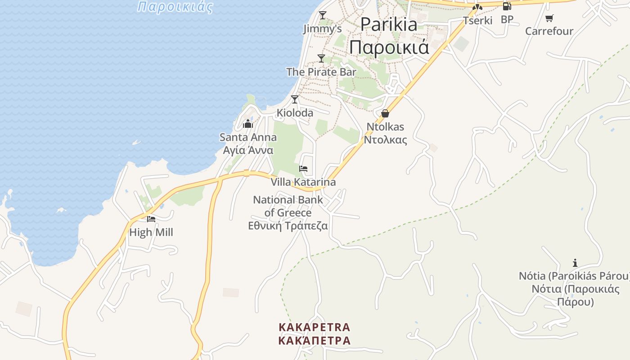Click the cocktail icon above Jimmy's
[x=322, y=15]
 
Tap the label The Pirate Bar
[x=321, y=72]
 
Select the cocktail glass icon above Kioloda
[x=295, y=99]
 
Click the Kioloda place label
[x=295, y=113]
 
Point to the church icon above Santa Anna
[x=248, y=124]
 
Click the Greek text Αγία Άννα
[x=248, y=150]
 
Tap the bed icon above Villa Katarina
[x=303, y=169]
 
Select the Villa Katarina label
[x=303, y=182]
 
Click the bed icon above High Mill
[x=151, y=219]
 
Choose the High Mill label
[x=151, y=233]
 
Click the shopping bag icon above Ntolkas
[x=385, y=113]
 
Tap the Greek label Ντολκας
[x=385, y=140]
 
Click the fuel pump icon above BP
[x=507, y=6]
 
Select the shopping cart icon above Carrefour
[x=549, y=18]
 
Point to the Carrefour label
[x=549, y=31]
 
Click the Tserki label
[x=478, y=20]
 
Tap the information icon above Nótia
[x=575, y=263]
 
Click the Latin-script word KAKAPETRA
[x=314, y=327]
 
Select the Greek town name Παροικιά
[x=389, y=47]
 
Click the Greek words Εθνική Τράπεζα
[x=288, y=226]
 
